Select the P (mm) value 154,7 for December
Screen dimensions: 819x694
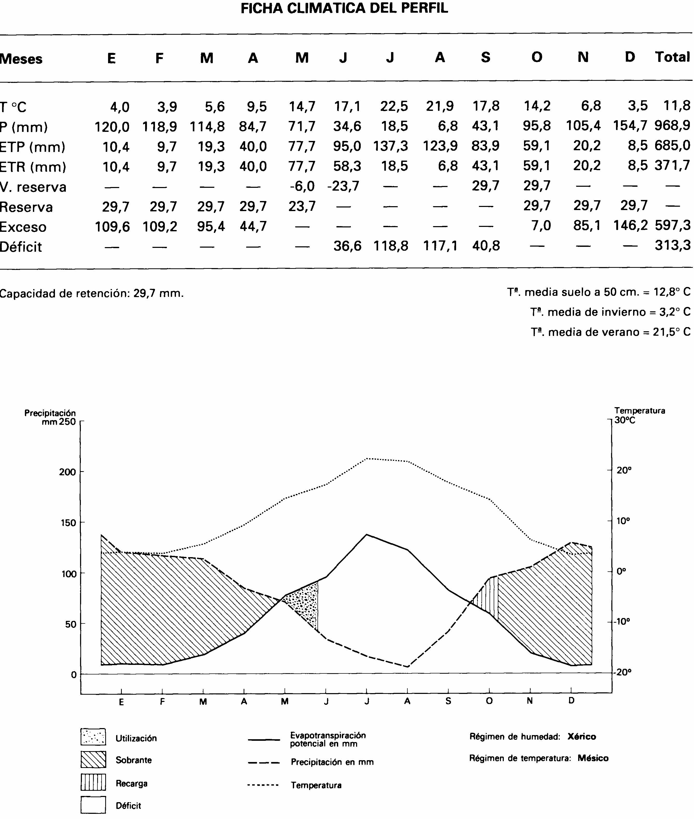pos(630,126)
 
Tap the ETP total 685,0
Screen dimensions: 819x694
pos(672,146)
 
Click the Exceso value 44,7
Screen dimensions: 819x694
pos(253,226)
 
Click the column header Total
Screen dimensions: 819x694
pos(672,58)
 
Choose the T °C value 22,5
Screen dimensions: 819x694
pos(394,106)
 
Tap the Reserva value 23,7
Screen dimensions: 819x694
pos(302,206)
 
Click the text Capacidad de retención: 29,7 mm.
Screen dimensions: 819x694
pos(92,293)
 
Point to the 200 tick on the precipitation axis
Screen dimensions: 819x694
pos(67,472)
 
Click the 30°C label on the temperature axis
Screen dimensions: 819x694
pos(625,420)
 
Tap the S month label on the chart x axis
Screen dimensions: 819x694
pos(448,701)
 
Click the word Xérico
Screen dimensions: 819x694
pos(582,736)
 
